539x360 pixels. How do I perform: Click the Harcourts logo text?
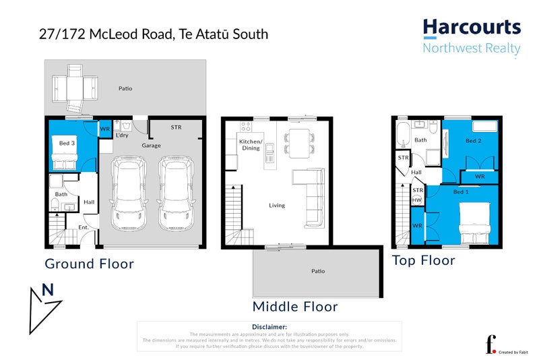pos(472,28)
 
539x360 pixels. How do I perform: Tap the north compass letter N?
pos(48,290)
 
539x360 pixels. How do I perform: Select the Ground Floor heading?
pos(89,264)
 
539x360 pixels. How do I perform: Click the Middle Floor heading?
pos(294,307)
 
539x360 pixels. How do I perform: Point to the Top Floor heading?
pos(424,260)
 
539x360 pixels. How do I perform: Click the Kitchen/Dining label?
pos(251,144)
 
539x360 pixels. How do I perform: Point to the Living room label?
pos(276,205)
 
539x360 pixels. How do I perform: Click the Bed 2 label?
pos(474,141)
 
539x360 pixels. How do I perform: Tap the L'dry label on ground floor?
pos(122,136)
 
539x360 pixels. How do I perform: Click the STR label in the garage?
pos(176,127)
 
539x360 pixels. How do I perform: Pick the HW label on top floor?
pos(417,200)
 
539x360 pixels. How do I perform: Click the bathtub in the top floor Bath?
pos(402,134)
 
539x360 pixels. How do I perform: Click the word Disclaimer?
pos(269,327)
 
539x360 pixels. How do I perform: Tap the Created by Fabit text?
pos(515,352)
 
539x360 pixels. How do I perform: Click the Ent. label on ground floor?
pos(84,227)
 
